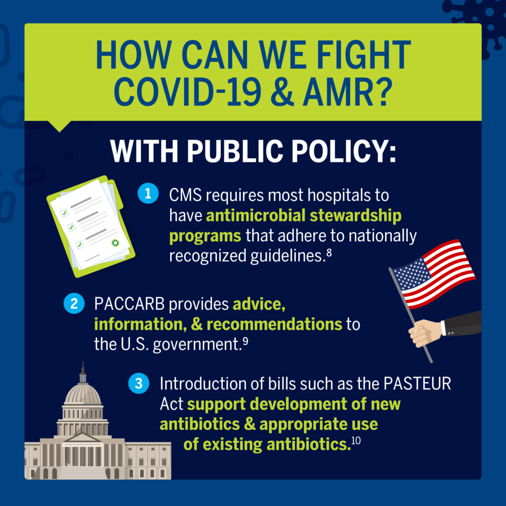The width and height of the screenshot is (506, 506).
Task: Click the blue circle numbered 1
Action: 148,193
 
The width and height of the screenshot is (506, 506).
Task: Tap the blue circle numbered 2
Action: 74,303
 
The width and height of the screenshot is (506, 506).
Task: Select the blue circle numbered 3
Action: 139,383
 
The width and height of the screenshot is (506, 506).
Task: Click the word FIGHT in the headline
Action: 364,55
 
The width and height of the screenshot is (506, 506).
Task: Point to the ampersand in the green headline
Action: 282,91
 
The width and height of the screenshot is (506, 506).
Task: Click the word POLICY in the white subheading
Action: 339,151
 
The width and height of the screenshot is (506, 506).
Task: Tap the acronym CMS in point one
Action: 186,195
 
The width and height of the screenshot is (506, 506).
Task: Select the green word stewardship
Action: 355,215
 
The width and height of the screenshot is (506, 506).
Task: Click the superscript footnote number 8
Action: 329,252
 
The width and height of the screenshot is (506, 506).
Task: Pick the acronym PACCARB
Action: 129,304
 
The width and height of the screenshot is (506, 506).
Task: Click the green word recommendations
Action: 274,324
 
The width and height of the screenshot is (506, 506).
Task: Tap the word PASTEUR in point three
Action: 417,383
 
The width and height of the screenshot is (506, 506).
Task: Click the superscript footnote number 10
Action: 356,440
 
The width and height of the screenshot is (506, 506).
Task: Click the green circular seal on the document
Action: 115,243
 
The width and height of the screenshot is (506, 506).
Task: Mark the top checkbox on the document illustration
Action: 65,213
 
